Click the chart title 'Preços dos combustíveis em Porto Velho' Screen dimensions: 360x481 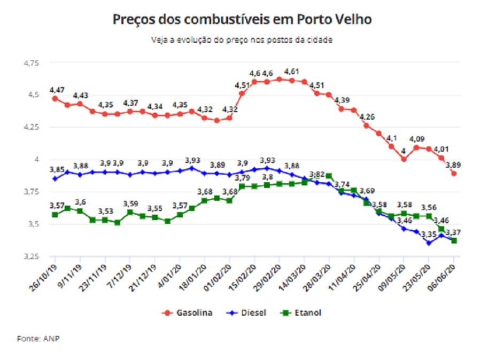point(242,19)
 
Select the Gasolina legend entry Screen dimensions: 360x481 point(190,312)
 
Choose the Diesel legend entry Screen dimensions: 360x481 point(248,312)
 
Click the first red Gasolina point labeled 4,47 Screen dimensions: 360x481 point(55,98)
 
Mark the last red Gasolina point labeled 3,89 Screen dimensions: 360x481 point(454,173)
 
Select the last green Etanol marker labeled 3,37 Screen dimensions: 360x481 point(454,241)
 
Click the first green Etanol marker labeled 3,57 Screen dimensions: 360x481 point(55,215)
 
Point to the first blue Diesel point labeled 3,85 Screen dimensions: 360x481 point(55,178)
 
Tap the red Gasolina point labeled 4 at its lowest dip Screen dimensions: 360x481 point(404,159)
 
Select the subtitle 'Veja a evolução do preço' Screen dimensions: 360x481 point(242,40)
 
